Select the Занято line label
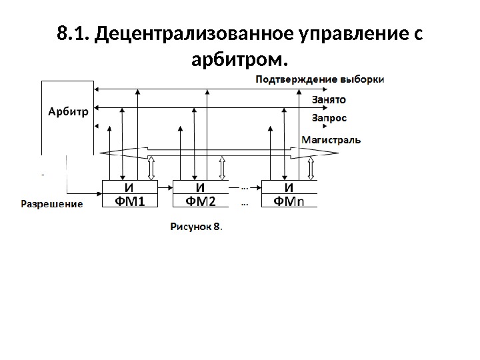(329, 100)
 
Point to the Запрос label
(329, 117)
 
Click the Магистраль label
(331, 140)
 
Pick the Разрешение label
(53, 204)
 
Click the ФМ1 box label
(131, 201)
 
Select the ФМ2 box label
(200, 201)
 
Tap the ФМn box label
(289, 201)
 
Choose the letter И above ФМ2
(199, 186)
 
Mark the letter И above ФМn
(289, 186)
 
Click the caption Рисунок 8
(197, 227)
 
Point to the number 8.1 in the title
(73, 33)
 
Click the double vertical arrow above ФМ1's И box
(152, 168)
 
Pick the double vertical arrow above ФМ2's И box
(225, 168)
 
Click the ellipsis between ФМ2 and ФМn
(244, 187)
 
